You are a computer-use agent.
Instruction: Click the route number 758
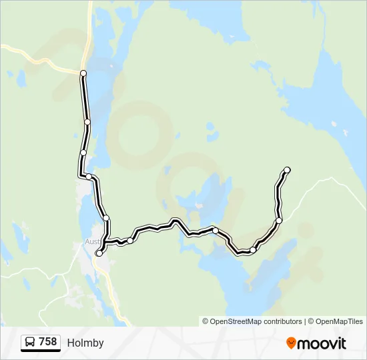[x=47, y=342]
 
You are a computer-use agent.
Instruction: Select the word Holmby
[x=85, y=343]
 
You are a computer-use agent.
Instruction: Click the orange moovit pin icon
[x=291, y=343]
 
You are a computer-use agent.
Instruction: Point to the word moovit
[x=322, y=343]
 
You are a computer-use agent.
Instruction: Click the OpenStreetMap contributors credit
[x=256, y=321]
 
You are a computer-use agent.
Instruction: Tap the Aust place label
[x=92, y=242]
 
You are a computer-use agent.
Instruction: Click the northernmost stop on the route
[x=83, y=73]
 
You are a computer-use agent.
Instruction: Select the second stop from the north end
[x=87, y=122]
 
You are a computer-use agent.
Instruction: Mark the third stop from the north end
[x=83, y=153]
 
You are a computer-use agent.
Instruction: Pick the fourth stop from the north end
[x=89, y=177]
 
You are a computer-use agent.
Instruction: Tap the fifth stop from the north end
[x=105, y=218]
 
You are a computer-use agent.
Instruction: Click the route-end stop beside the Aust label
[x=99, y=253]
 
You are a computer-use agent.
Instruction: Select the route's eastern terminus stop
[x=288, y=170]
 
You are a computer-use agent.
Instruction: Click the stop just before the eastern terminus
[x=279, y=220]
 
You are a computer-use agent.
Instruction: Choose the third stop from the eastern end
[x=254, y=250]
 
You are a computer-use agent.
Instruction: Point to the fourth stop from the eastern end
[x=216, y=231]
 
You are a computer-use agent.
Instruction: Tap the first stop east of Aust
[x=130, y=240]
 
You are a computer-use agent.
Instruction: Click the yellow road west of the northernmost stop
[x=40, y=56]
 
